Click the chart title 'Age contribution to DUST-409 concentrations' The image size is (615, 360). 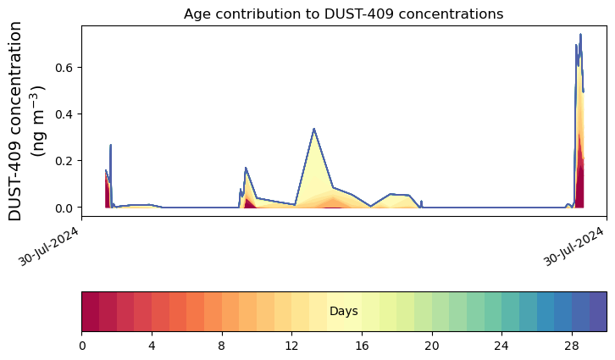[344, 14]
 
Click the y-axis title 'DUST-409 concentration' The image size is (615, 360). [15, 121]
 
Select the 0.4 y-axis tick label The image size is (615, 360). [64, 114]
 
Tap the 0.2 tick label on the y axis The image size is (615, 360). [64, 161]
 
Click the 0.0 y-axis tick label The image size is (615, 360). [64, 208]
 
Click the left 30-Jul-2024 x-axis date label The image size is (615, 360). [49, 246]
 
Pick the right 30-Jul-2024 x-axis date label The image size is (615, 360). [573, 246]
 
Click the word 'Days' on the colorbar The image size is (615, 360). [344, 312]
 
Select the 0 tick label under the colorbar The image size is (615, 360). [82, 346]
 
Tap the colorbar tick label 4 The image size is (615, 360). [152, 346]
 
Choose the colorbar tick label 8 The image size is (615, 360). [222, 346]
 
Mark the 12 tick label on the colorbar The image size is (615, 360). [291, 346]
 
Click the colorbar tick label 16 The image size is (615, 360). [362, 346]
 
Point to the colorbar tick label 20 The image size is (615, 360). [432, 346]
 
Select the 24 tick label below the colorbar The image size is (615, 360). [502, 346]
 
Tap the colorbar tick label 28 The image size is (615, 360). [573, 346]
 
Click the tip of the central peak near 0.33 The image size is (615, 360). [313, 129]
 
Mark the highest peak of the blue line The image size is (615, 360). [580, 35]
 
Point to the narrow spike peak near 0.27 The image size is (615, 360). [111, 145]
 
